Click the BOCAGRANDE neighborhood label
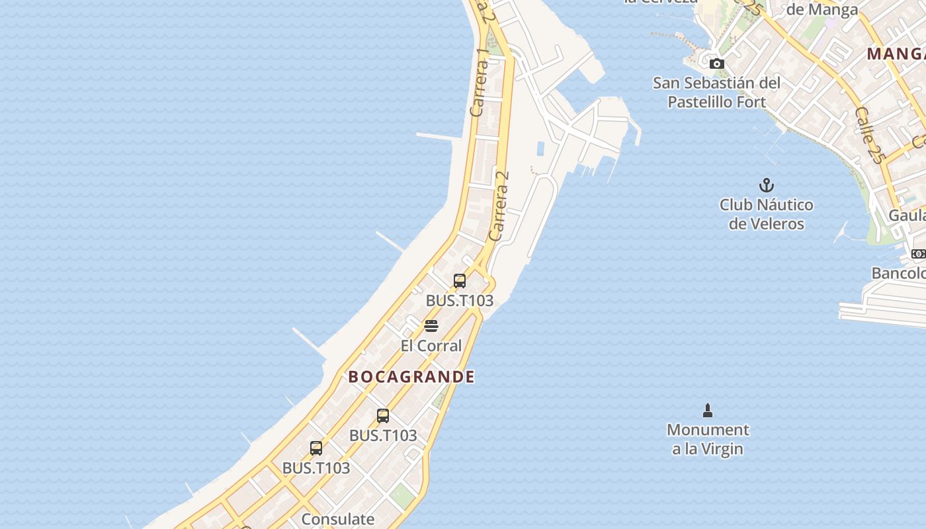[x=411, y=377]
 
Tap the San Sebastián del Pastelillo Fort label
[x=717, y=93]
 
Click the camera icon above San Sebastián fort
[x=717, y=64]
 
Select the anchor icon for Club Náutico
[x=767, y=185]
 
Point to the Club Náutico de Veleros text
[x=767, y=214]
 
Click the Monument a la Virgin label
[x=708, y=439]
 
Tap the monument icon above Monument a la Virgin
[x=708, y=411]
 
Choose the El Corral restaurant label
[x=431, y=346]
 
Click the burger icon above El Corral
[x=431, y=325]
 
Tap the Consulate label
[x=338, y=519]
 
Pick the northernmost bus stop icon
[x=460, y=280]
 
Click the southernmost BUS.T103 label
[x=316, y=468]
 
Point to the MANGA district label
[x=896, y=54]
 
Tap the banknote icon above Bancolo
[x=918, y=254]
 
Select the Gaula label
[x=907, y=216]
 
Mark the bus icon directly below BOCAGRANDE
[x=383, y=416]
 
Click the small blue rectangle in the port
[x=540, y=149]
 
